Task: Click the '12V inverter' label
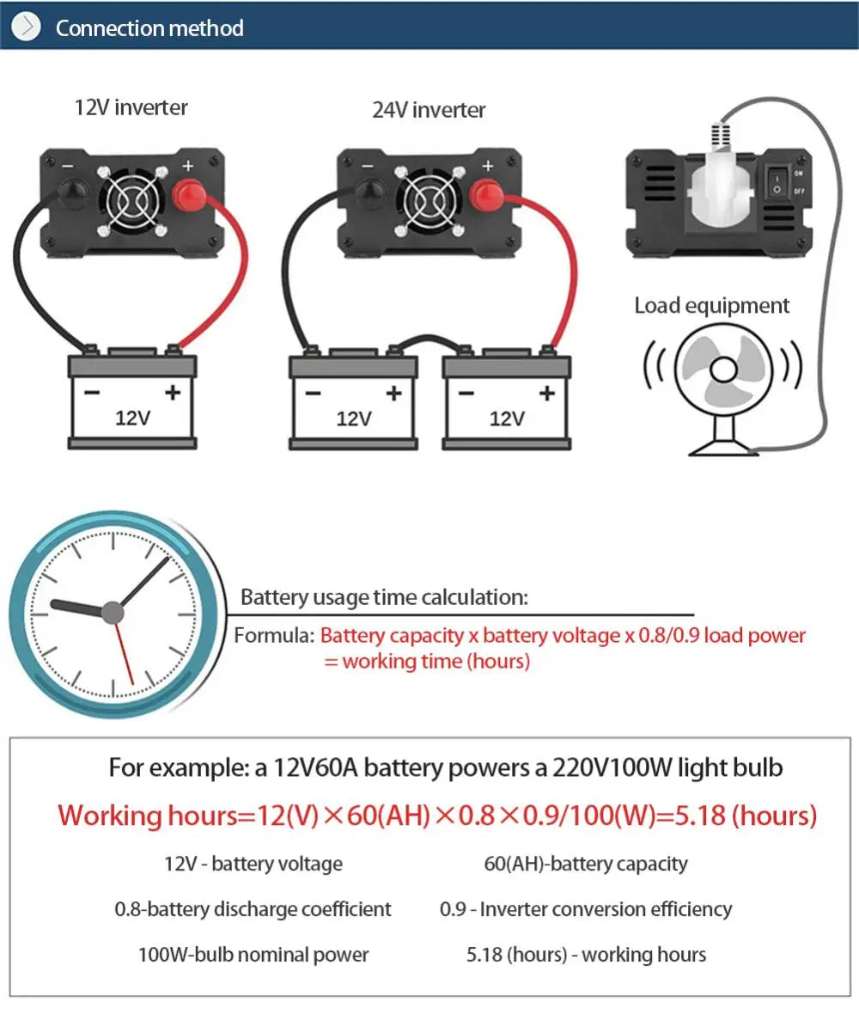tap(131, 107)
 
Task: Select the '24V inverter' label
tap(429, 110)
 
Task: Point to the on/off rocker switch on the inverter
tap(778, 180)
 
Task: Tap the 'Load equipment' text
tap(711, 306)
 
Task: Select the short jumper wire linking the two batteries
tap(427, 342)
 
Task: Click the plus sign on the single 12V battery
tap(172, 393)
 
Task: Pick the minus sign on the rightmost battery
tap(466, 394)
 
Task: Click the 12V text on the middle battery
tap(353, 418)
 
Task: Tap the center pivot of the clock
tap(113, 612)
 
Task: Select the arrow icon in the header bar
tap(26, 27)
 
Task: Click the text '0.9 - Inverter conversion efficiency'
tap(586, 909)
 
